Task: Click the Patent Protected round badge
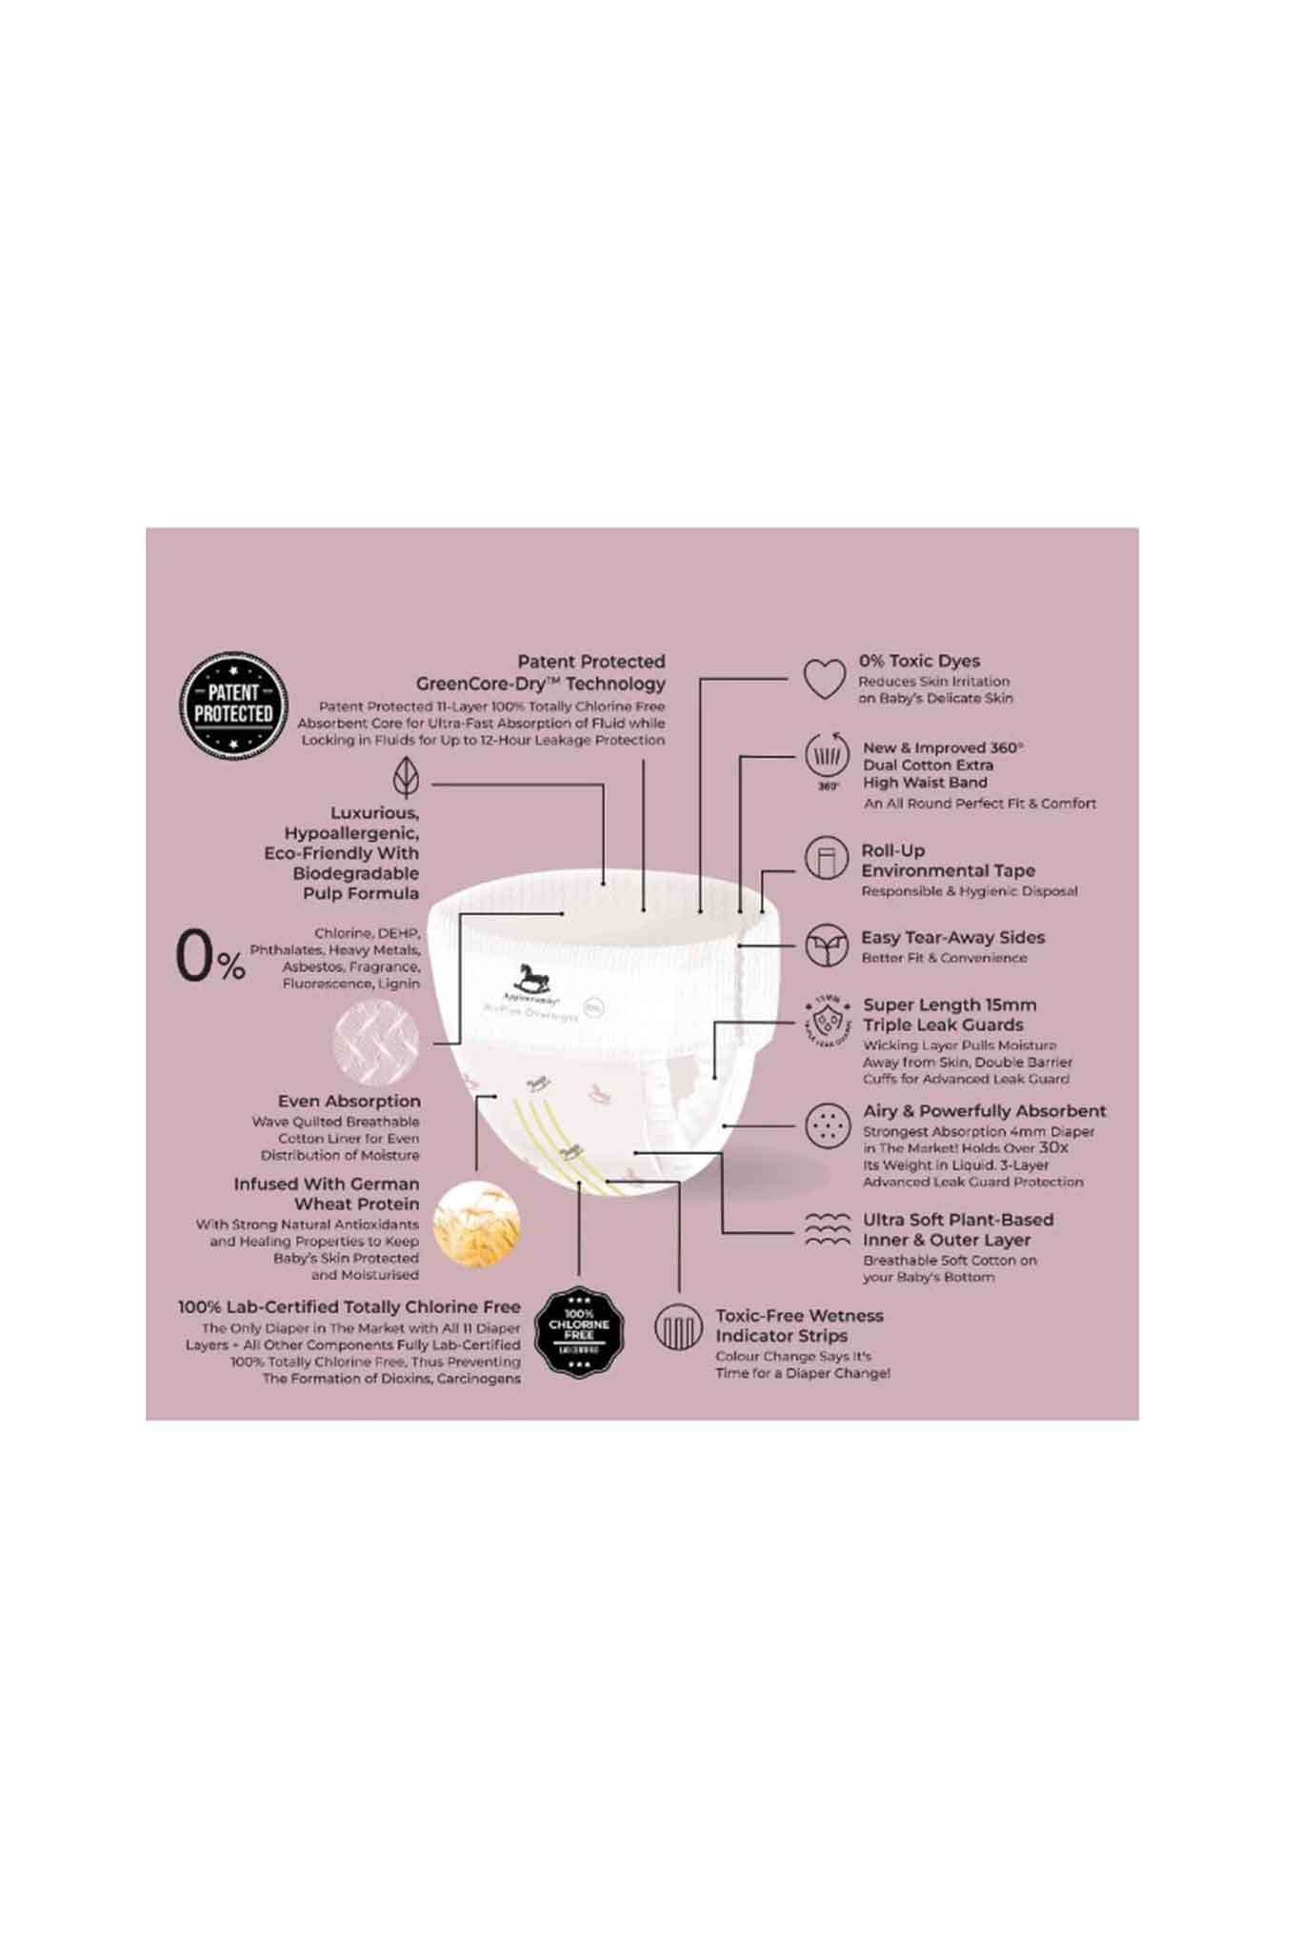click(x=233, y=705)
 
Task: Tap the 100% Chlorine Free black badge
click(x=579, y=1330)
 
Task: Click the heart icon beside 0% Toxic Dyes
click(x=824, y=678)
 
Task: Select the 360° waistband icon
click(x=827, y=758)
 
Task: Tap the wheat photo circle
click(x=476, y=1224)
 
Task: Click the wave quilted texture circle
click(x=376, y=1040)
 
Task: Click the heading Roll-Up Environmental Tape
click(x=948, y=861)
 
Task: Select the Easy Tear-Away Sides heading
click(x=952, y=937)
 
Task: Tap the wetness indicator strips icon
click(x=678, y=1327)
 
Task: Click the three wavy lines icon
click(x=827, y=1229)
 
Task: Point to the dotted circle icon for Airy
click(x=827, y=1125)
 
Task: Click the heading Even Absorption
click(x=349, y=1101)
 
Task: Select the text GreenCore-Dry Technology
click(x=540, y=684)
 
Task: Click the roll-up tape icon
click(x=826, y=859)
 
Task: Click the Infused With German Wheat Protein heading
click(x=327, y=1194)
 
